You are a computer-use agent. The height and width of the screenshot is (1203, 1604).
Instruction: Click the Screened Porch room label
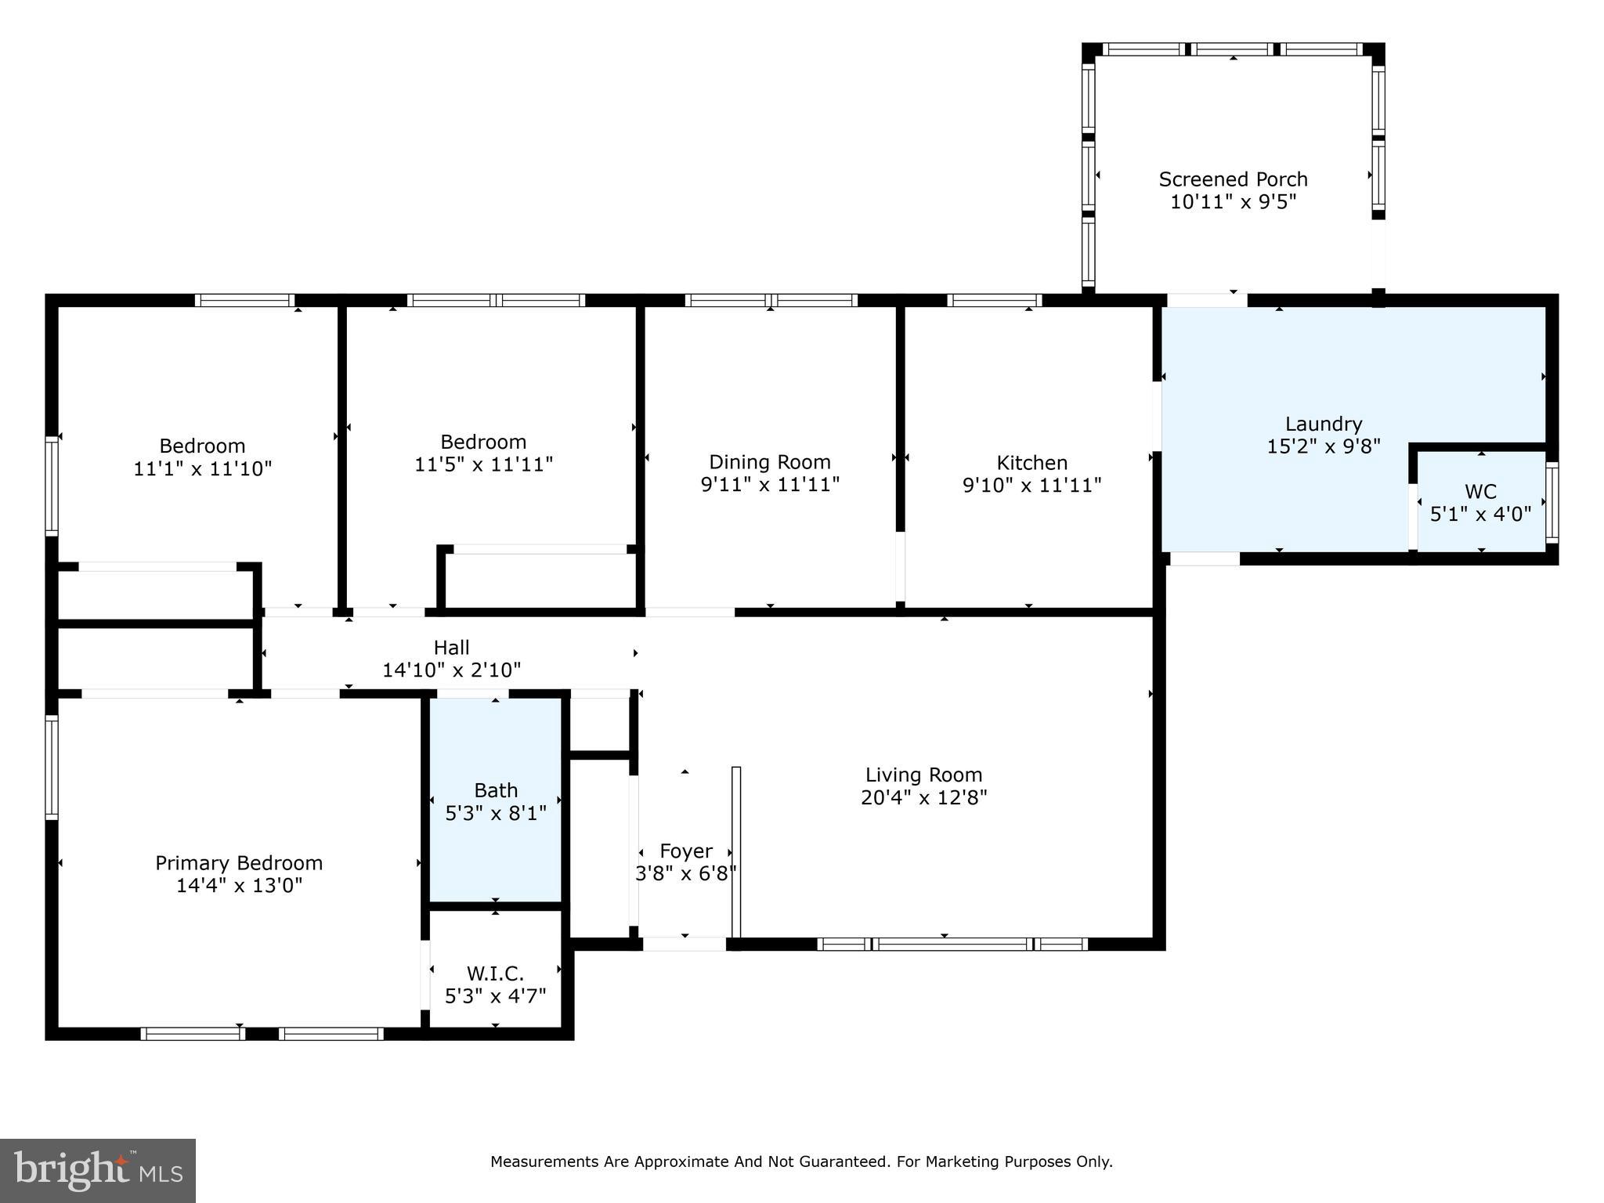coord(1233,179)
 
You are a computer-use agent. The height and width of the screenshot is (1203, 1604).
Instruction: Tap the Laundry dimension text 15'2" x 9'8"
coord(1324,446)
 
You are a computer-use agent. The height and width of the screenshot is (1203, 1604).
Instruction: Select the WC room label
coord(1480,492)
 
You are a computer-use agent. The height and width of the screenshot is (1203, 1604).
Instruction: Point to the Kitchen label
coord(1031,463)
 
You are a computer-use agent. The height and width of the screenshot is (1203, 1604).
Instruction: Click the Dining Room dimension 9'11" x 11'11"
coord(770,485)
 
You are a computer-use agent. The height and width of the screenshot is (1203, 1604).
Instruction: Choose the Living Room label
coord(923,775)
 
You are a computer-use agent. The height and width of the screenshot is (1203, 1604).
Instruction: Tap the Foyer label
coord(686,851)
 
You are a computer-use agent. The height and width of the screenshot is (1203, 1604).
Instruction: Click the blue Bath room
coord(496,800)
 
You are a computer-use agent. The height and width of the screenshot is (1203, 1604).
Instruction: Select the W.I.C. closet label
coord(495,974)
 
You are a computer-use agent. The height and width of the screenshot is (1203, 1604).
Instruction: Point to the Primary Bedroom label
coord(239,863)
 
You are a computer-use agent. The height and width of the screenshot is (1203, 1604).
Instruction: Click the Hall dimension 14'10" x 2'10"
coord(451,670)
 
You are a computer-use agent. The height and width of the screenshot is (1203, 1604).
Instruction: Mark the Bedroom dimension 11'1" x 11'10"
coord(203,469)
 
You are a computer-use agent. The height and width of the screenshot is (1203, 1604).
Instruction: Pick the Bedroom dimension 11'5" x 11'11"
coord(483,464)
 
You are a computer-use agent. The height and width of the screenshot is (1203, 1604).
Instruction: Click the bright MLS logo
coord(98,1171)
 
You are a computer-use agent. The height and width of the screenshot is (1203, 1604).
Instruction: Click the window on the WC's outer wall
coord(1552,502)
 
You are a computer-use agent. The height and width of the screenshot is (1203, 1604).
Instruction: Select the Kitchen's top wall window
coord(994,300)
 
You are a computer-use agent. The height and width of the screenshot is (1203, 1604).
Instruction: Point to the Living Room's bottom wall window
coord(952,944)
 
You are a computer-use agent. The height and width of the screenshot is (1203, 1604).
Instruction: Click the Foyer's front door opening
coord(685,944)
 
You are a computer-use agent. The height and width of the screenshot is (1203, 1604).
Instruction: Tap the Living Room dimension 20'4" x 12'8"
coord(923,798)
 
